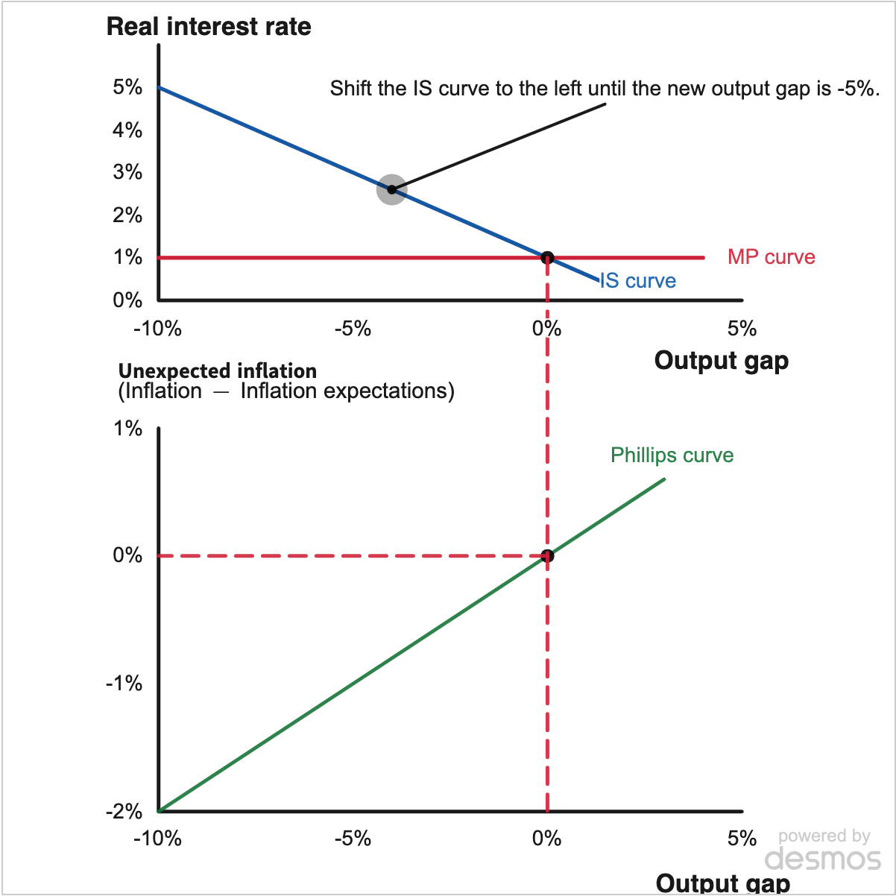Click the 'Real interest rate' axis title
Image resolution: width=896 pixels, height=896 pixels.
point(209,27)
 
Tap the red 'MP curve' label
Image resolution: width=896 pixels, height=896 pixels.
point(771,256)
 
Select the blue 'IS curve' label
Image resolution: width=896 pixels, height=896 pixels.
point(637,280)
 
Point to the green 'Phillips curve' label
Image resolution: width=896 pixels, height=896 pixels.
point(672,455)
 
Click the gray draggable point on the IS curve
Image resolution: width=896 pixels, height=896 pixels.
point(391,189)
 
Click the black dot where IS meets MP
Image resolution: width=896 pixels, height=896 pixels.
point(547,258)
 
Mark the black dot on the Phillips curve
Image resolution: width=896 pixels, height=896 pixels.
point(547,555)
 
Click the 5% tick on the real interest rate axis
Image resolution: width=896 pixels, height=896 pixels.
point(127,87)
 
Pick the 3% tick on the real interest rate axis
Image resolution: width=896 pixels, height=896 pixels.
point(127,172)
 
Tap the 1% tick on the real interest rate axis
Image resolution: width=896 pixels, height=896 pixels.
point(127,257)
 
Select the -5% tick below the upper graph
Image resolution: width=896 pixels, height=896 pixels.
point(353,329)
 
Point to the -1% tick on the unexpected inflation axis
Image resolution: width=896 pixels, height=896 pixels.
point(124,684)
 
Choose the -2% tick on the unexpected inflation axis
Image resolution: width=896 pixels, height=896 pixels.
point(124,811)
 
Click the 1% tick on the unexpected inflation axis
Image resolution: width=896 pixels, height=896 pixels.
point(127,428)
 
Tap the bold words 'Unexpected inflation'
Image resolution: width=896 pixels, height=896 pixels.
point(218,371)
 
